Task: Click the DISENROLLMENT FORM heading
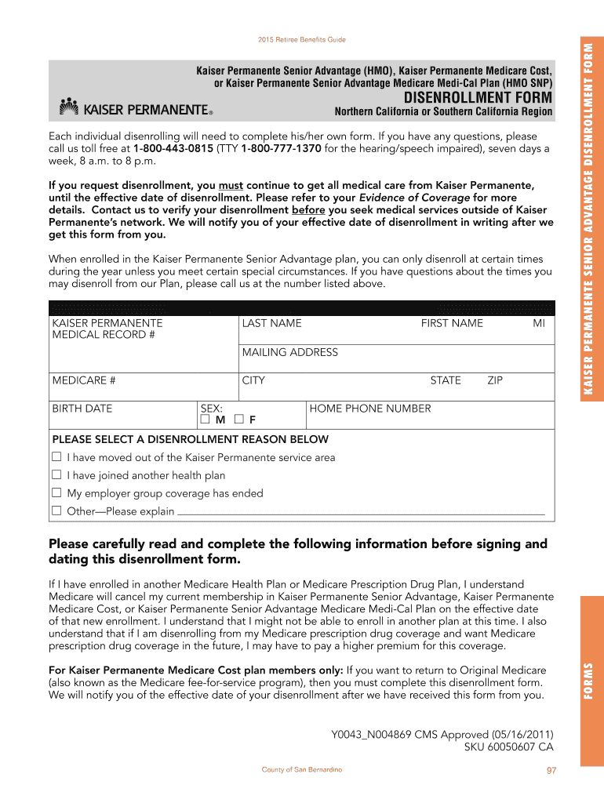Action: [478, 98]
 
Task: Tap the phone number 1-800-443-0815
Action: [173, 148]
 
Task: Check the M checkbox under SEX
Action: [206, 420]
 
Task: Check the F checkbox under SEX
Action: [239, 420]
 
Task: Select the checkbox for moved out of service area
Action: [56, 457]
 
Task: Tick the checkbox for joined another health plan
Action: [56, 475]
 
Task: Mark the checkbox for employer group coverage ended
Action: [56, 493]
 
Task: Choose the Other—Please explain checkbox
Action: [56, 511]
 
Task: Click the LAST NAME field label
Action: [271, 323]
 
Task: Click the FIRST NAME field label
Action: [452, 323]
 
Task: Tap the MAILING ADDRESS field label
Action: [289, 352]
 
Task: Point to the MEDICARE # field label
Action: [84, 380]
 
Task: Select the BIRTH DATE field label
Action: [82, 409]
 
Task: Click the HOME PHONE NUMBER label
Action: [370, 409]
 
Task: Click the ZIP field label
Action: [495, 380]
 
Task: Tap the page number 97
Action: [551, 771]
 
